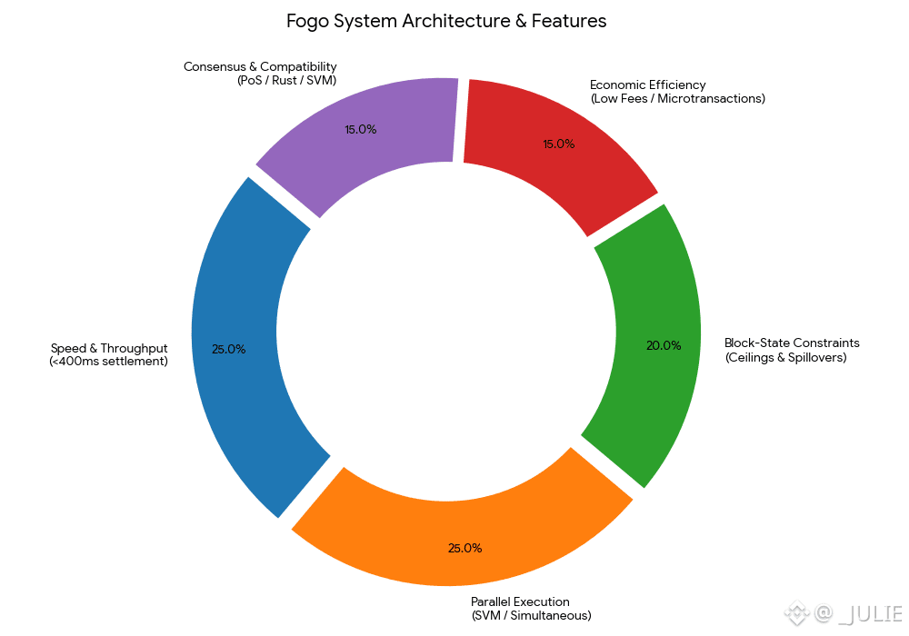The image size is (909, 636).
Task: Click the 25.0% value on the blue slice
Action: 228,349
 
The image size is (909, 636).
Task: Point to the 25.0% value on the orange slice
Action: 464,548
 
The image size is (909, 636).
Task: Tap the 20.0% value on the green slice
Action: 664,345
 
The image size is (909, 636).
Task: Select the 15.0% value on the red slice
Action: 558,144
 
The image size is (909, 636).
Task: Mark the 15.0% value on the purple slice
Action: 360,129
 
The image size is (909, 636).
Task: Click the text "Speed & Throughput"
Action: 109,349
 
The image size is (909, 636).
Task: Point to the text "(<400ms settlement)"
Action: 108,362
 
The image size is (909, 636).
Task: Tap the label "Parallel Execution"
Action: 520,601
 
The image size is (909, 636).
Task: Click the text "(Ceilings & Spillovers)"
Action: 785,357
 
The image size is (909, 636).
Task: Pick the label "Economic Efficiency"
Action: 647,85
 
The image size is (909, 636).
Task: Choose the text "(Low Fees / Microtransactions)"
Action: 677,98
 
